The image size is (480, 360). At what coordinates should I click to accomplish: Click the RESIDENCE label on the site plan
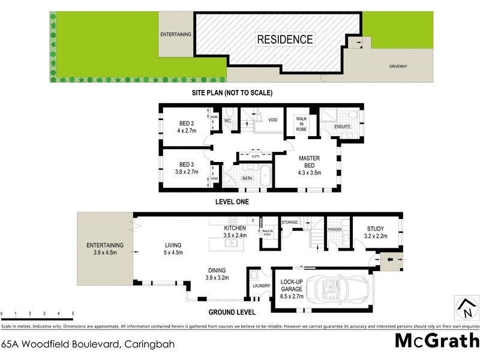(x=285, y=40)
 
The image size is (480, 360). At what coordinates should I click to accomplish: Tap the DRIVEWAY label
(x=398, y=66)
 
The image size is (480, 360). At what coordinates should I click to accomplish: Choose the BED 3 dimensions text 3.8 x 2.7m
(x=185, y=170)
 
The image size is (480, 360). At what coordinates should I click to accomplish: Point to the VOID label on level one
(x=272, y=120)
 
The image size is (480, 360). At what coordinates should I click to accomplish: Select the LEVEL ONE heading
(x=232, y=202)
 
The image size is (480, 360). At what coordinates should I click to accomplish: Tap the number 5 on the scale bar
(x=73, y=314)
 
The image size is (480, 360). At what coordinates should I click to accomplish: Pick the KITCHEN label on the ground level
(x=235, y=229)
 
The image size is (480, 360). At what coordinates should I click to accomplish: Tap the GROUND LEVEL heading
(x=232, y=312)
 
